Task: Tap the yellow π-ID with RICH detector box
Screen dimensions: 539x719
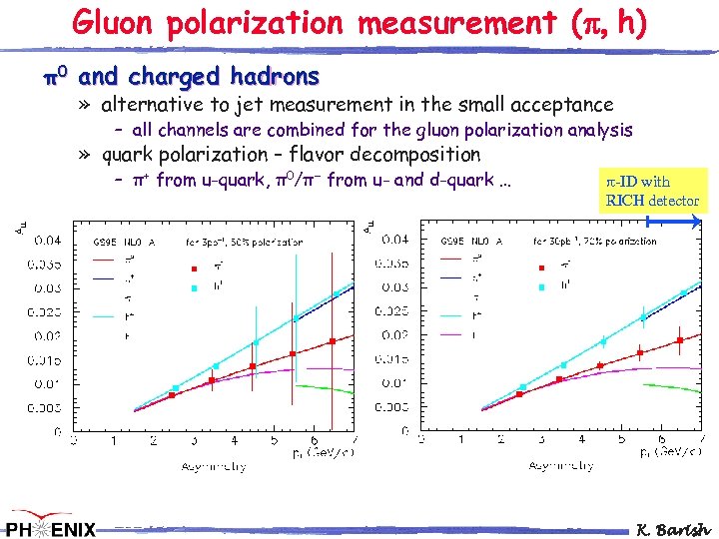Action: (655, 191)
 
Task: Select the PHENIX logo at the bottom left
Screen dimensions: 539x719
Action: (50, 525)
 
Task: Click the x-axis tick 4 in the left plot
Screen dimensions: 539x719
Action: (233, 440)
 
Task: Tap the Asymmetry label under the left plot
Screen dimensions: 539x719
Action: (214, 465)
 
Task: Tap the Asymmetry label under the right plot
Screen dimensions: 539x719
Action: (561, 465)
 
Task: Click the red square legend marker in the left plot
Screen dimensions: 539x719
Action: (195, 268)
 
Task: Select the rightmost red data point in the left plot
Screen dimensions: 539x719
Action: (332, 341)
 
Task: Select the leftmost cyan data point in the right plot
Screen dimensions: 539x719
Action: (522, 386)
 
